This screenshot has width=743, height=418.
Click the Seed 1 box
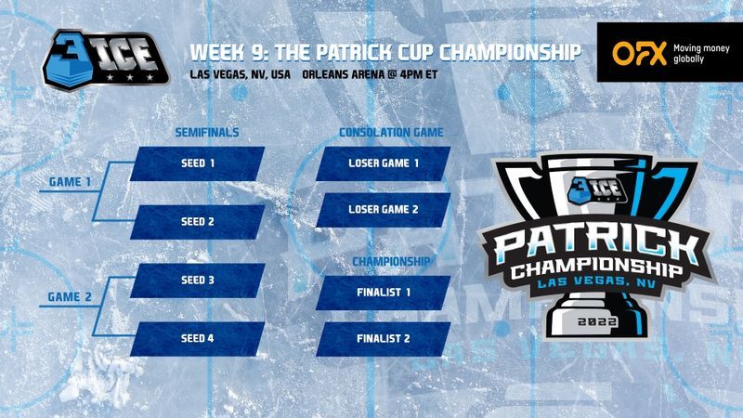pyautogui.click(x=198, y=163)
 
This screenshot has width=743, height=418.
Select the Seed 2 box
pyautogui.click(x=198, y=222)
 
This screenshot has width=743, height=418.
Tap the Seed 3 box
pyautogui.click(x=198, y=281)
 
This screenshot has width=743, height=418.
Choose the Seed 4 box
pyautogui.click(x=198, y=339)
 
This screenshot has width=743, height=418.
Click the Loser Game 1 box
pyautogui.click(x=384, y=163)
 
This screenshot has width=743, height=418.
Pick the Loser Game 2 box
pyautogui.click(x=384, y=210)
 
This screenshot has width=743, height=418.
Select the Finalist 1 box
pyautogui.click(x=384, y=293)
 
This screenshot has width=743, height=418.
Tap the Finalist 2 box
pyautogui.click(x=384, y=339)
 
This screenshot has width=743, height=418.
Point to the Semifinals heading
pyautogui.click(x=207, y=133)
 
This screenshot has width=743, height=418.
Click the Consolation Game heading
pyautogui.click(x=391, y=133)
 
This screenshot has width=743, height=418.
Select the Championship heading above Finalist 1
pyautogui.click(x=391, y=262)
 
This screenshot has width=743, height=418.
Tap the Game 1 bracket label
pyautogui.click(x=71, y=182)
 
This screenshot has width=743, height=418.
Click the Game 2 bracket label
pyautogui.click(x=70, y=297)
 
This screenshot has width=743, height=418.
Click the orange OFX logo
pyautogui.click(x=639, y=53)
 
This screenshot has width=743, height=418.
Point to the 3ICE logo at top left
pyautogui.click(x=105, y=60)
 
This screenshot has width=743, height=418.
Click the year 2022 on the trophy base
pyautogui.click(x=597, y=321)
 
